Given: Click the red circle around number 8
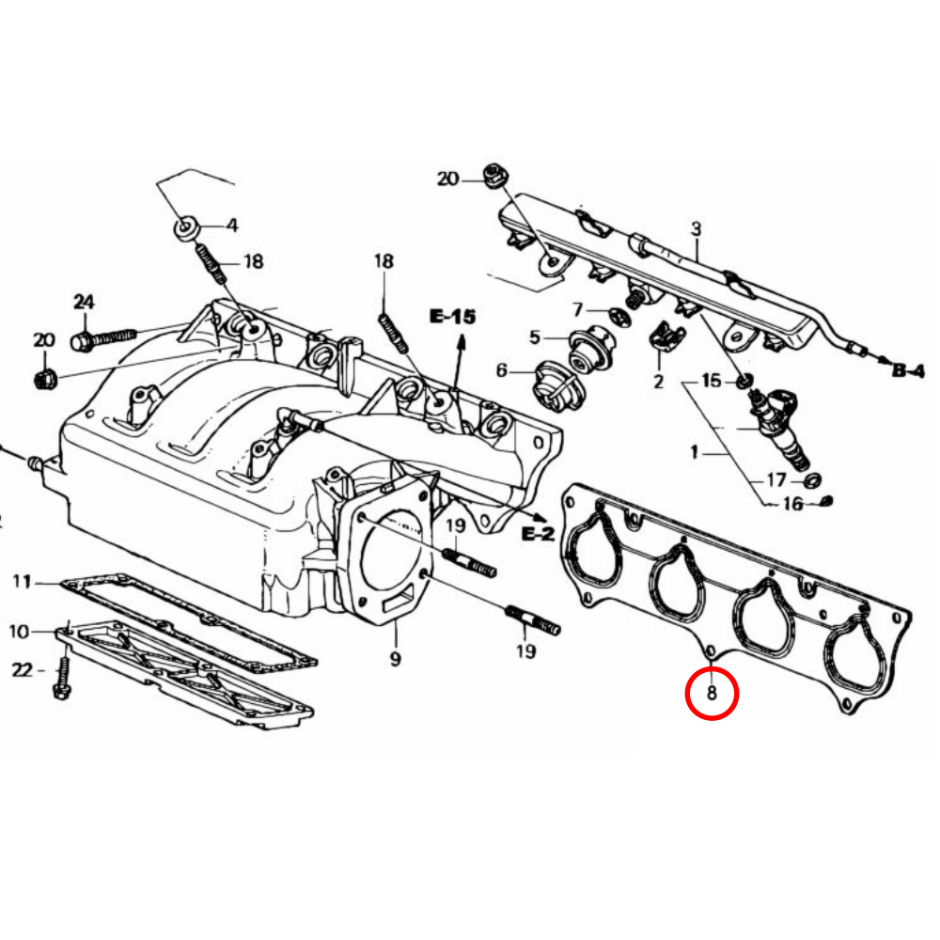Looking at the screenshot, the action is click(712, 694).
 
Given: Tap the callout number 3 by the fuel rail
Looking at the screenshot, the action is click(696, 228).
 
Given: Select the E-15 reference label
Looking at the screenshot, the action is click(452, 318).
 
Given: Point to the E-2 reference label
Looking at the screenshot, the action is click(538, 534).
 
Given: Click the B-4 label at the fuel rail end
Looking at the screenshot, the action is click(908, 370).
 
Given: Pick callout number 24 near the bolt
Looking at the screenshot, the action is click(85, 302).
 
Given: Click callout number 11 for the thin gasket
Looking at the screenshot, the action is click(22, 583).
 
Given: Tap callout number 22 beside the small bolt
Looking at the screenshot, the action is click(22, 669).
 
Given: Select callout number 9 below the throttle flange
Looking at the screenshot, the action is click(396, 659).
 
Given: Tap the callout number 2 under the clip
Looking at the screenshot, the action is click(658, 381).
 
